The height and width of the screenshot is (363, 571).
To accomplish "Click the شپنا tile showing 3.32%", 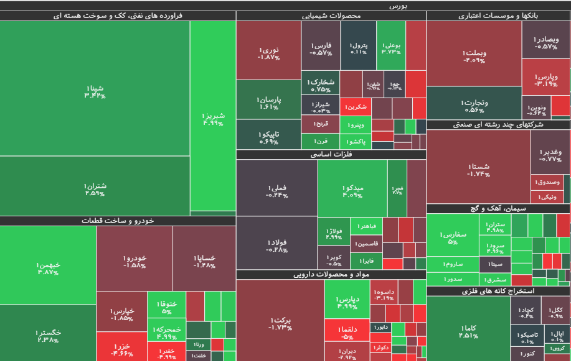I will [x=95, y=91].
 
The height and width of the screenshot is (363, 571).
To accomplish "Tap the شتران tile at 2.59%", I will [x=95, y=189].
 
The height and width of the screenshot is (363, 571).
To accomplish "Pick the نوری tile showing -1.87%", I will [x=268, y=53].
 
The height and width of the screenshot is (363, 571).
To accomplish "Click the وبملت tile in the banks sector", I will [x=474, y=56].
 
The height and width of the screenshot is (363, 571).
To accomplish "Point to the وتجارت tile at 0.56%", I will [x=474, y=106].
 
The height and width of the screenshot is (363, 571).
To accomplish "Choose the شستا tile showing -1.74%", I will [x=478, y=170].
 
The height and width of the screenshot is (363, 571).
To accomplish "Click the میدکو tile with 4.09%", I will [x=352, y=191].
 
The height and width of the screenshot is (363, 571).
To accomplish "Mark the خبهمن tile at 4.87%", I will [x=48, y=268].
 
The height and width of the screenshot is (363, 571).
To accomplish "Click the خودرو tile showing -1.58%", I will [x=134, y=261].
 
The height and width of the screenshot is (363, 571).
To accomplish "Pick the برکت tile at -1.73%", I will [x=280, y=323].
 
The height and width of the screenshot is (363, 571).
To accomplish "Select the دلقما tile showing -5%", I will [x=347, y=333].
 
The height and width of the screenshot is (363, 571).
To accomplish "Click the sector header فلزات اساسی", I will [x=331, y=155].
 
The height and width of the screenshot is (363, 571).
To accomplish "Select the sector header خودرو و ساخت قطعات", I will [x=118, y=221].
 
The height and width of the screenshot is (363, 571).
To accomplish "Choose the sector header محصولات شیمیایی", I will [x=331, y=16].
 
